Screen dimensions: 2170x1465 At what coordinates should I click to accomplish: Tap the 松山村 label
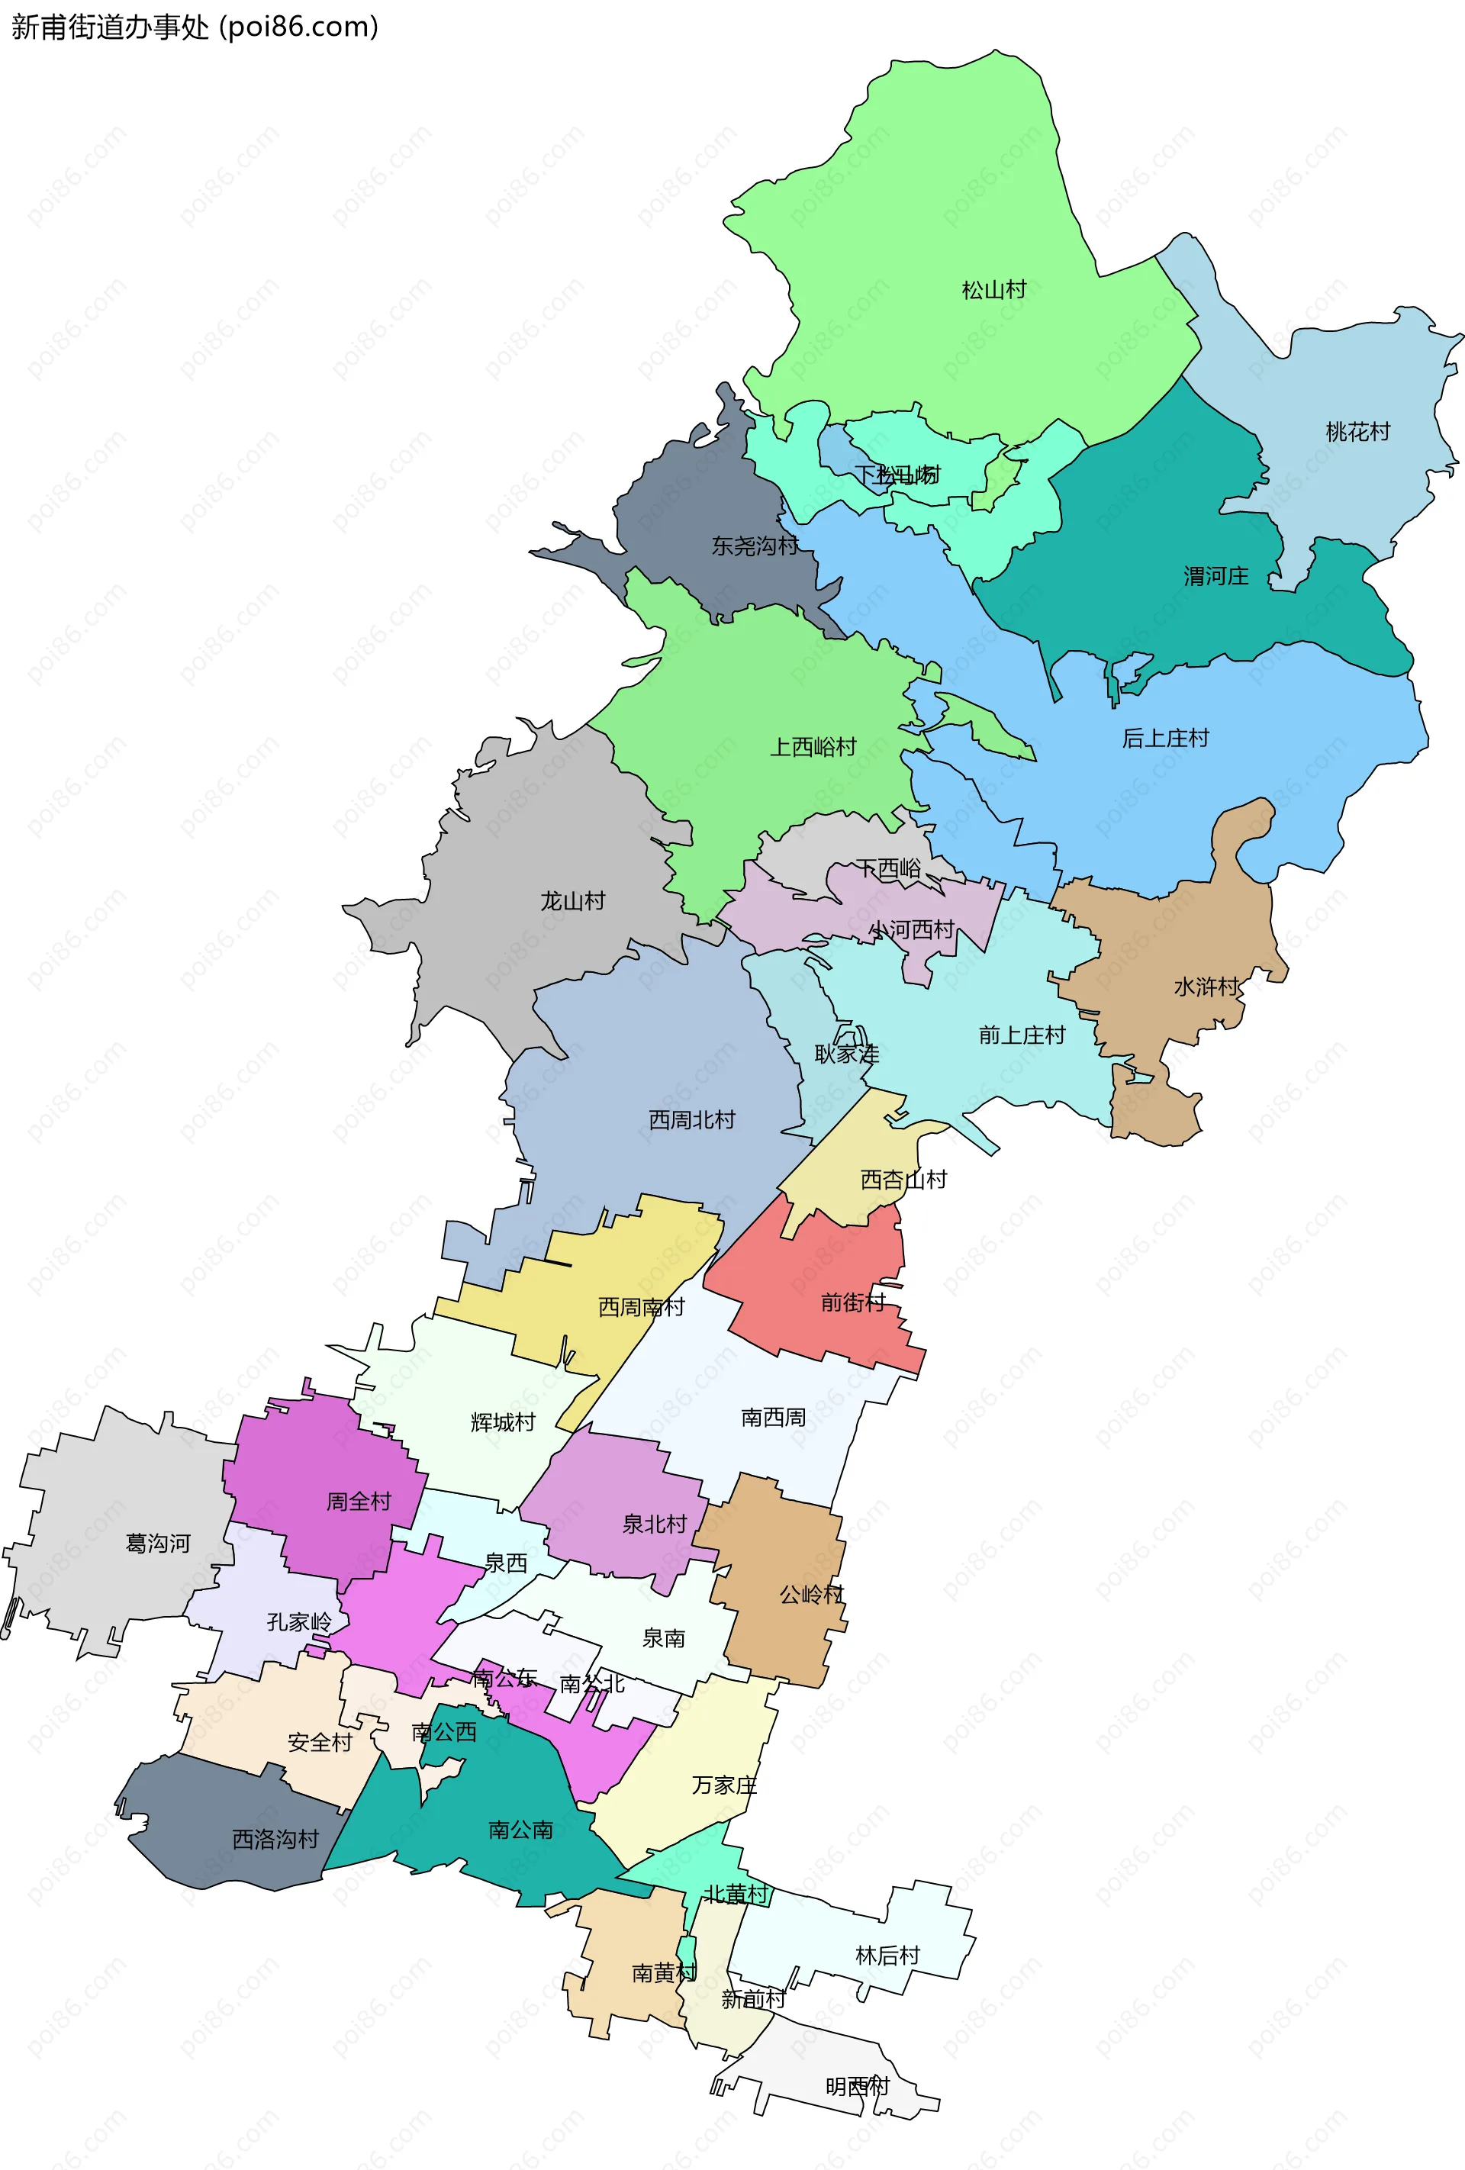(x=993, y=289)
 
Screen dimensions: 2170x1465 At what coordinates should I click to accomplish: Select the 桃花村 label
(x=1357, y=431)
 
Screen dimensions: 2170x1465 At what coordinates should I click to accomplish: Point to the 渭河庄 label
(x=1215, y=575)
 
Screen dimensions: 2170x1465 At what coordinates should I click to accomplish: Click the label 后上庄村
(x=1164, y=738)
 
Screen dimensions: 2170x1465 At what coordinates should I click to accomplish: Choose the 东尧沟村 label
(x=754, y=546)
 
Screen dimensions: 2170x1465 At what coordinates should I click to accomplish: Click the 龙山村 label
(x=572, y=900)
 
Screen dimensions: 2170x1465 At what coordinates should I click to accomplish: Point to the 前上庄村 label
(x=1021, y=1035)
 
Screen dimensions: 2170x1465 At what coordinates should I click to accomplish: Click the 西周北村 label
(x=691, y=1119)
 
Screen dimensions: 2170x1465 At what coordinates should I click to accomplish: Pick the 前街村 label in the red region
(x=852, y=1302)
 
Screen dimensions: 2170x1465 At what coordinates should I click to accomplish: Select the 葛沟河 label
(x=158, y=1544)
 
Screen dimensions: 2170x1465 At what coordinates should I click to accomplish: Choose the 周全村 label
(x=358, y=1502)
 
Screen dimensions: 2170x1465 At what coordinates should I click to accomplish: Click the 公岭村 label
(x=810, y=1594)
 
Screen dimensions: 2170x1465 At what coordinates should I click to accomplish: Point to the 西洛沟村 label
(x=275, y=1839)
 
